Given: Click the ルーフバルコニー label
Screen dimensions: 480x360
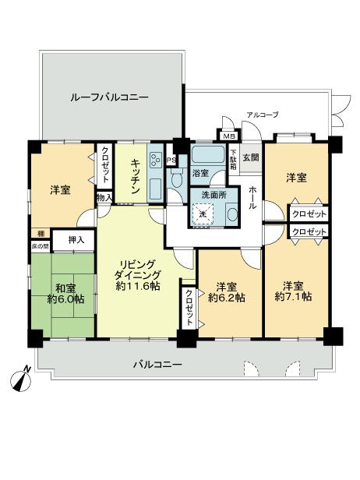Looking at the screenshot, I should point(108,97).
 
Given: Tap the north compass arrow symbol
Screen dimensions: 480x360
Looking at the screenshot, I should point(21,380).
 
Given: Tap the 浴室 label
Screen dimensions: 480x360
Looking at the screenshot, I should point(201,171).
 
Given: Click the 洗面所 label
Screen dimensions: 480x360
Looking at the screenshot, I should point(210,195).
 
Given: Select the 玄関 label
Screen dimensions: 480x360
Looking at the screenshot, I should point(250,158).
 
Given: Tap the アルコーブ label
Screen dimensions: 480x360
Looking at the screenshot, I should point(262,115).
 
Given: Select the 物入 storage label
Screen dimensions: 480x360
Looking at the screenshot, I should point(104,199).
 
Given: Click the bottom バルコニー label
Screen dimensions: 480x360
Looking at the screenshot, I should point(157,364).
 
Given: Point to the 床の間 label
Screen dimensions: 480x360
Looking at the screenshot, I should point(40,245).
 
